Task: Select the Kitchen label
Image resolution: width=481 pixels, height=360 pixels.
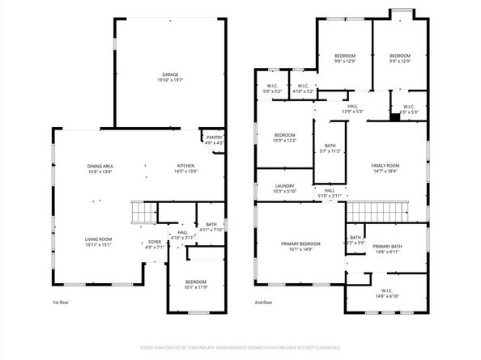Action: click(186, 168)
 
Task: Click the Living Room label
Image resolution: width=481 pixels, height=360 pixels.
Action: click(100, 241)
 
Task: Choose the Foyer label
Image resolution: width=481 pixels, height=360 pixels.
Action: click(153, 244)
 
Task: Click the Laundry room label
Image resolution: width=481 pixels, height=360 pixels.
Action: click(283, 188)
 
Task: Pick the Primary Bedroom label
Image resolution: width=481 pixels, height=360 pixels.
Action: click(300, 246)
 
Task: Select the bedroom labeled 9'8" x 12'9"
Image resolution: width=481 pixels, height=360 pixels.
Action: click(345, 58)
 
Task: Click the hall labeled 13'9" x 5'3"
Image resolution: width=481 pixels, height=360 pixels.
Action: click(352, 108)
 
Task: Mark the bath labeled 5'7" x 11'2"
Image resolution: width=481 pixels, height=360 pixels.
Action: click(330, 148)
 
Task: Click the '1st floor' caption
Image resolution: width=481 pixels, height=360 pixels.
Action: click(62, 303)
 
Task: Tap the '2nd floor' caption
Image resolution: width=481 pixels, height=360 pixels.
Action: click(263, 303)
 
